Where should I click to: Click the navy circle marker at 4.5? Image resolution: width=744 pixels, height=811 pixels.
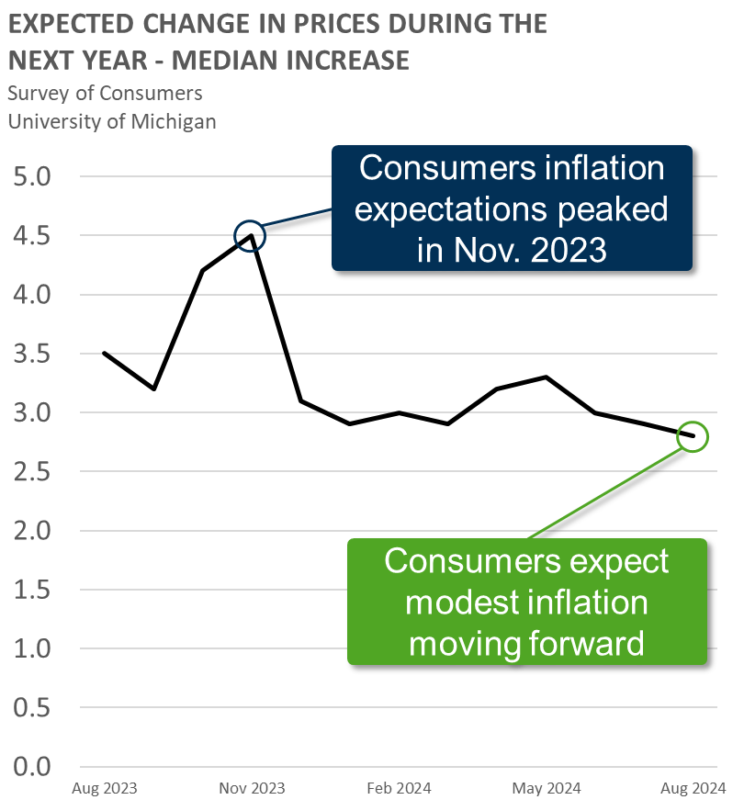pyautogui.click(x=250, y=236)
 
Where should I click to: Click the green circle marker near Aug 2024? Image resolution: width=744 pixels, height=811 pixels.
pyautogui.click(x=693, y=436)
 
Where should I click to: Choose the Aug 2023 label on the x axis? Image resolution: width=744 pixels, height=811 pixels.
pyautogui.click(x=105, y=788)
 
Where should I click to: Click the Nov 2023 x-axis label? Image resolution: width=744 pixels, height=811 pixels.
pyautogui.click(x=252, y=788)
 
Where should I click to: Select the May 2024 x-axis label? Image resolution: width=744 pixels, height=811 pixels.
pyautogui.click(x=547, y=788)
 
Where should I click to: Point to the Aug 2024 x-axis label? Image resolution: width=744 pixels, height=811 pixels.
pyautogui.click(x=693, y=788)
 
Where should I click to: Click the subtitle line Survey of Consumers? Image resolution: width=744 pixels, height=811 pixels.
pyautogui.click(x=105, y=93)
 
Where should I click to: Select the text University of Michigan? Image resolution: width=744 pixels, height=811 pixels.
pyautogui.click(x=112, y=121)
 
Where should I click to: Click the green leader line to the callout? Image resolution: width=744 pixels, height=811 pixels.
pyautogui.click(x=606, y=490)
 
